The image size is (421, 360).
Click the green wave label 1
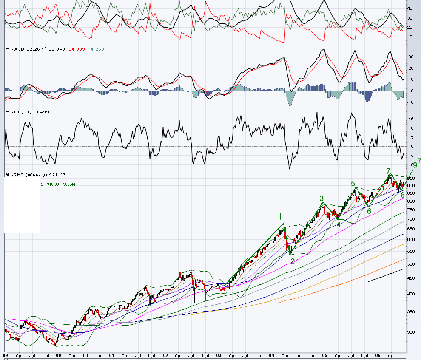[280, 216]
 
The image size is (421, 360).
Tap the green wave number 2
[292, 261]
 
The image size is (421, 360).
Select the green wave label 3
[321, 198]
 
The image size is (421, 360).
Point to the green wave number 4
[339, 224]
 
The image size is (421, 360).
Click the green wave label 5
[353, 184]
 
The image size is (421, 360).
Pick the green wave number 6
[369, 211]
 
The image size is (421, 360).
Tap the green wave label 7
[388, 171]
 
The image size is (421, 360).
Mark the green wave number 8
[402, 195]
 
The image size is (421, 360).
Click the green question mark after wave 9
[419, 160]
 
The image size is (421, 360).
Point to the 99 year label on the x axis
[5, 355]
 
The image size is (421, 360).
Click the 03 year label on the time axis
[219, 355]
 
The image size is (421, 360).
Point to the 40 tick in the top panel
[410, 8]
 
